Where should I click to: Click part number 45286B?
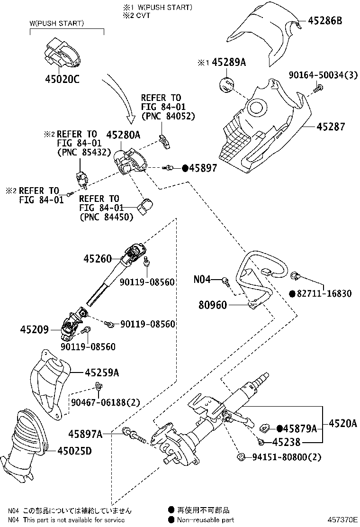pyautogui.click(x=325, y=21)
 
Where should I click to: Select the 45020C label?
pyautogui.click(x=63, y=79)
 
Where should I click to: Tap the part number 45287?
pyautogui.click(x=331, y=127)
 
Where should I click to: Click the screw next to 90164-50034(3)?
pyautogui.click(x=318, y=89)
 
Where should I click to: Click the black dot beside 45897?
pyautogui.click(x=185, y=168)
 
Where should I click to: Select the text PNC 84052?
pyautogui.click(x=171, y=116)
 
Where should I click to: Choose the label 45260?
pyautogui.click(x=98, y=258)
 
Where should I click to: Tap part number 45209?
pyautogui.click(x=34, y=329)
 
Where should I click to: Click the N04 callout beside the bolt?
pyautogui.click(x=202, y=279)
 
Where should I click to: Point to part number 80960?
pyautogui.click(x=213, y=305)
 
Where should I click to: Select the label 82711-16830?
pyautogui.click(x=324, y=294)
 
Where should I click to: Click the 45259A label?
pyautogui.click(x=102, y=373)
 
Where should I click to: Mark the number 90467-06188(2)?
pyautogui.click(x=105, y=402)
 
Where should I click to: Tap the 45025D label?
pyautogui.click(x=74, y=451)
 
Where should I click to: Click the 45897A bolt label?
pyautogui.click(x=85, y=434)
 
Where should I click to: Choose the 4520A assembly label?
pyautogui.click(x=343, y=424)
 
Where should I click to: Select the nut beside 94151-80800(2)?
pyautogui.click(x=241, y=457)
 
